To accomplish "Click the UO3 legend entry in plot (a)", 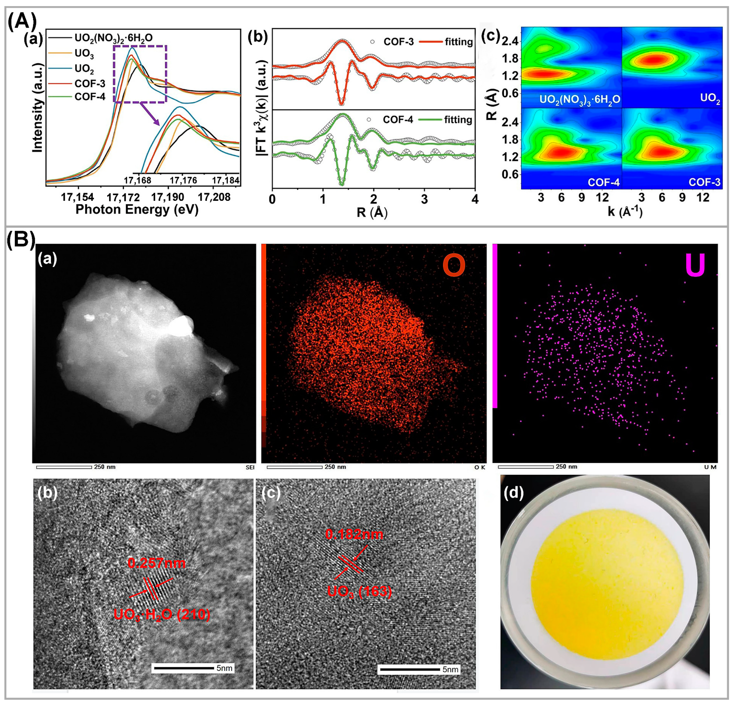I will point(84,54).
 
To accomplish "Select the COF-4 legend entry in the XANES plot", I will point(90,97).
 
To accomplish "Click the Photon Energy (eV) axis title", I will point(137,209).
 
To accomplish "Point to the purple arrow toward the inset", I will point(150,115).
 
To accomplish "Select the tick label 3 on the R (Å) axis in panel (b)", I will point(424,199).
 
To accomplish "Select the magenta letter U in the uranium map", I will point(695,265).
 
